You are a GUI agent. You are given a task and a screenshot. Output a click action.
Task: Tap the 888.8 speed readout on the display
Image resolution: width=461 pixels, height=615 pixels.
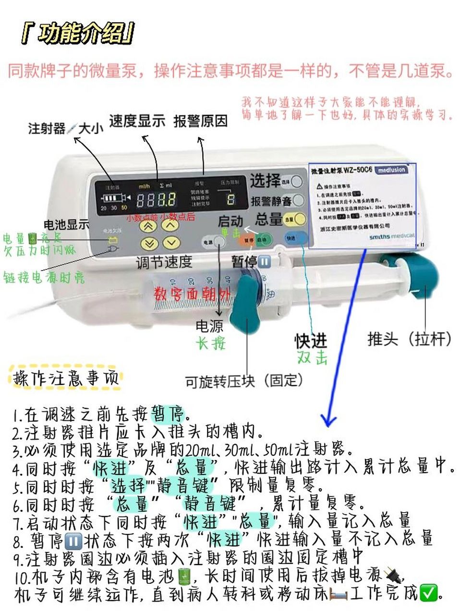pyautogui.click(x=156, y=199)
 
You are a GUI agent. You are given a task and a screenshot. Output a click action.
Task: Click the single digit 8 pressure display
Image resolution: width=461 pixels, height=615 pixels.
pyautogui.click(x=231, y=199)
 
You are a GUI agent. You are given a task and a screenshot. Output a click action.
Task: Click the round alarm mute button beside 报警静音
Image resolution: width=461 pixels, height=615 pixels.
pyautogui.click(x=298, y=200)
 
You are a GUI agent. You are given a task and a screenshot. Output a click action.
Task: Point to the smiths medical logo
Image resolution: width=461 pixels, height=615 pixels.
pyautogui.click(x=391, y=236)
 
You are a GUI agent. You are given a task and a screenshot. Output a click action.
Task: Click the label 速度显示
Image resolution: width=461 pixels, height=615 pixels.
pyautogui.click(x=137, y=121)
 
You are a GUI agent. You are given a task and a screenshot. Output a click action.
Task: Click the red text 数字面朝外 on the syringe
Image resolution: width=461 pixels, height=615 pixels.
pyautogui.click(x=192, y=294)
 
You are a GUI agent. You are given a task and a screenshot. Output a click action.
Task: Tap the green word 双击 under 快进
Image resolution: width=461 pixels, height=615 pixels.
pyautogui.click(x=312, y=357)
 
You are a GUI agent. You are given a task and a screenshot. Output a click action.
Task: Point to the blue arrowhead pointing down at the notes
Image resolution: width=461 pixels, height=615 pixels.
pyautogui.click(x=328, y=421)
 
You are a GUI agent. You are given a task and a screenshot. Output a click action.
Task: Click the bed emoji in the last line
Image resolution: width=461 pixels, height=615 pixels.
pyautogui.click(x=338, y=594)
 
